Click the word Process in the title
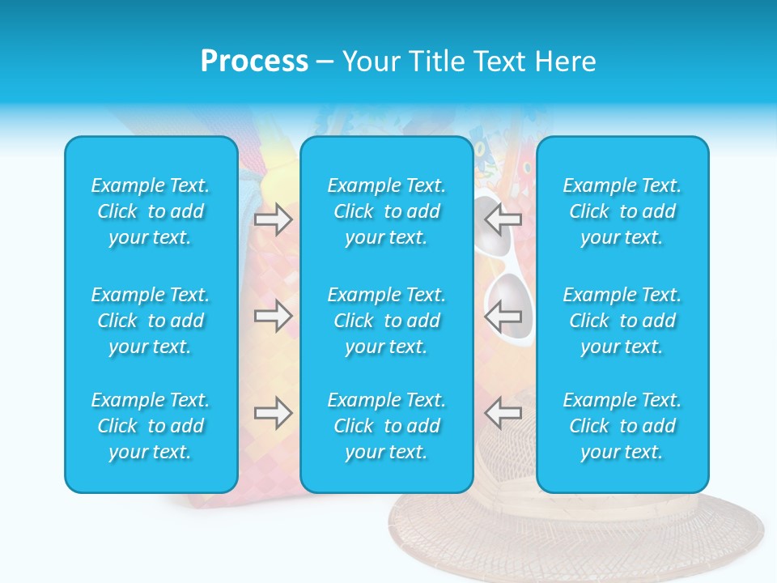pyautogui.click(x=254, y=62)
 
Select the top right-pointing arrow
pyautogui.click(x=274, y=219)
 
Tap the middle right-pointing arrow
pyautogui.click(x=274, y=316)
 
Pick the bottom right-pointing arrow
pyautogui.click(x=274, y=413)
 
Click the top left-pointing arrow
pyautogui.click(x=503, y=219)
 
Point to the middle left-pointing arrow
pyautogui.click(x=503, y=316)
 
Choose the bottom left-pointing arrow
pyautogui.click(x=503, y=413)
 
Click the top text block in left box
pyautogui.click(x=151, y=211)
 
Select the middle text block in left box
pyautogui.click(x=151, y=321)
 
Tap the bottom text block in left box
pyautogui.click(x=151, y=426)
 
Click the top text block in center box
pyautogui.click(x=387, y=211)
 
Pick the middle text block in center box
pyautogui.click(x=387, y=321)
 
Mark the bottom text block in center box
pyautogui.click(x=387, y=426)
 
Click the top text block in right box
pyautogui.click(x=622, y=211)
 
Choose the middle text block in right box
pyautogui.click(x=622, y=321)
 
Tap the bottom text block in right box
pyautogui.click(x=622, y=426)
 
